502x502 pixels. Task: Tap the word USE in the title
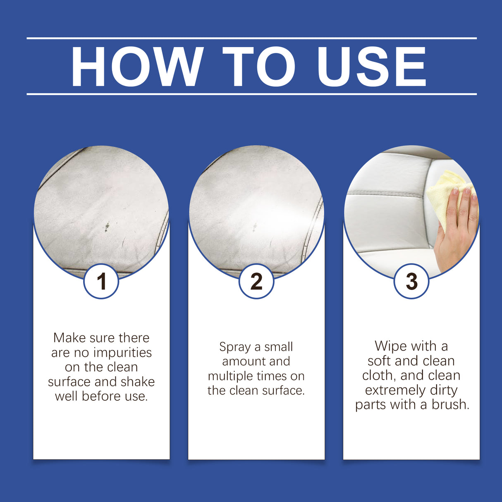pyautogui.click(x=371, y=67)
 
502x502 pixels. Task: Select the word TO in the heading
pyautogui.click(x=259, y=67)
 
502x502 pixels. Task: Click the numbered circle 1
pyautogui.click(x=101, y=281)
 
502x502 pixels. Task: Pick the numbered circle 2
pyautogui.click(x=256, y=281)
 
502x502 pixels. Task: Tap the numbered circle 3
pyautogui.click(x=411, y=281)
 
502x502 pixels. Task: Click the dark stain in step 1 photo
pyautogui.click(x=107, y=226)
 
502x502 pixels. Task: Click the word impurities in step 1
pyautogui.click(x=122, y=353)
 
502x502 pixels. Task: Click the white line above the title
pyautogui.click(x=251, y=38)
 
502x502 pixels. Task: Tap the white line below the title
pyautogui.click(x=251, y=94)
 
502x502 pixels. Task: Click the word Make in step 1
pyautogui.click(x=69, y=338)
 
